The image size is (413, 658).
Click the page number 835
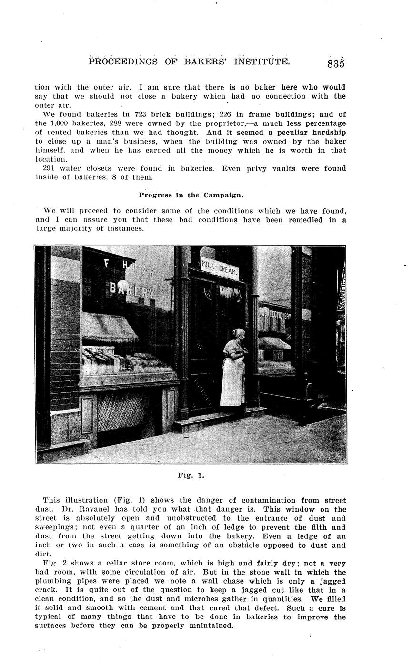tap(335, 64)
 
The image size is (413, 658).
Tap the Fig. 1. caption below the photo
tap(191, 475)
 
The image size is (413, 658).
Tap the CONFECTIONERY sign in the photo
tap(275, 315)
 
